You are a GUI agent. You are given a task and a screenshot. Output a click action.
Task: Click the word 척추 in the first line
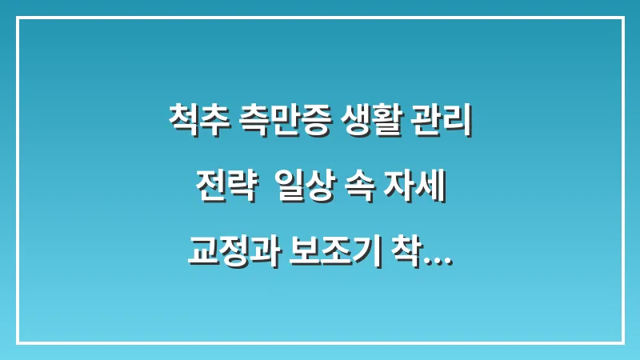coord(196,122)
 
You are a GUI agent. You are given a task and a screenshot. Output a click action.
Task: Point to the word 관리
coord(444,122)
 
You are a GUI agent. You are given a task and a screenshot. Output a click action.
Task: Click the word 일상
coord(304,190)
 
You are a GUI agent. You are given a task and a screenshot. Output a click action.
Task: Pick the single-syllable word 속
coord(362,190)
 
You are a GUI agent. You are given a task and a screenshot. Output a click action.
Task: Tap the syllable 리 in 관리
coord(458,122)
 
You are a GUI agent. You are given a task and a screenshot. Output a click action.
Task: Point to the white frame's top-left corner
coord(18,18)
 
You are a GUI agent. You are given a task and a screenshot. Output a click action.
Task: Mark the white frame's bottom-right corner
coord(622,342)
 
